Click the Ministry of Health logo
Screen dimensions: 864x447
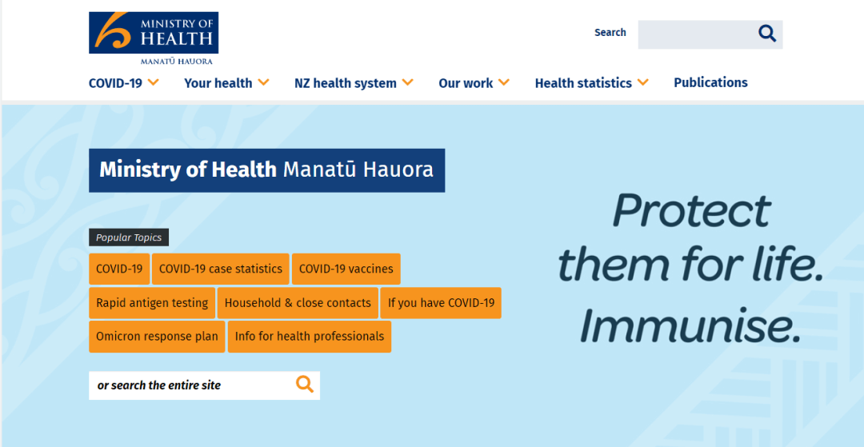[x=154, y=38]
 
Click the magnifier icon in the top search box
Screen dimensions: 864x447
[x=767, y=34]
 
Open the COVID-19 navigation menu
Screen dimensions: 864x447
[x=124, y=83]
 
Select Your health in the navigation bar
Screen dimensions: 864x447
[x=226, y=83]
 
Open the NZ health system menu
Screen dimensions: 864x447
[x=354, y=83]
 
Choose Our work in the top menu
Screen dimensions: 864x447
[x=474, y=83]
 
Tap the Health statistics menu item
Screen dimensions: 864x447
[x=592, y=83]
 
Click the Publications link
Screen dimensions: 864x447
[x=711, y=82]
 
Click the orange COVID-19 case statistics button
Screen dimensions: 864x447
[x=221, y=269]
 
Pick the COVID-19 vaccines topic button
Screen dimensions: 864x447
[x=346, y=269]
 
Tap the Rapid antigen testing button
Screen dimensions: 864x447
[x=152, y=303]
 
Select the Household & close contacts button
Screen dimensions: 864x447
[x=298, y=303]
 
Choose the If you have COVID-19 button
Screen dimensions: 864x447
[x=441, y=303]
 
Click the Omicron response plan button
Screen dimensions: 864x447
[x=157, y=337]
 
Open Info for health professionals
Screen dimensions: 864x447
[x=310, y=337]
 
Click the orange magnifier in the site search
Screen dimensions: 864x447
[x=305, y=384]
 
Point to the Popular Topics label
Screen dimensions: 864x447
[x=129, y=237]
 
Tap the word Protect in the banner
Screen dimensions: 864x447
[x=691, y=210]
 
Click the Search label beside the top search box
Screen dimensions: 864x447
[x=610, y=33]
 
